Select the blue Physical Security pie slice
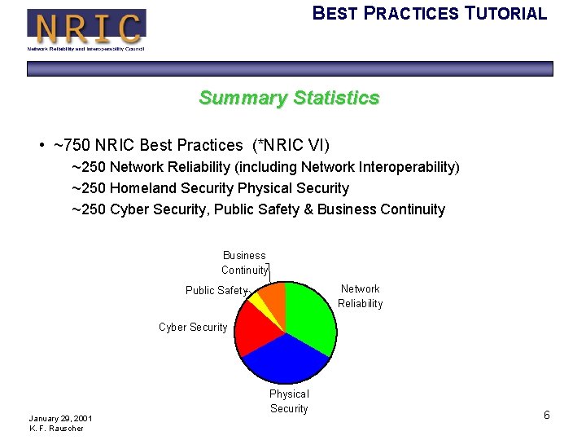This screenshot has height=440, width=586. click(x=285, y=359)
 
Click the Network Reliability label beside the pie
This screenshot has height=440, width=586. click(x=360, y=296)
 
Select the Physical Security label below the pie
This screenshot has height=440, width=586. click(x=289, y=401)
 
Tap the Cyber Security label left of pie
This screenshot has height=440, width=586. click(x=193, y=327)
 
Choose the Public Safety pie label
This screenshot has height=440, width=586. click(x=216, y=290)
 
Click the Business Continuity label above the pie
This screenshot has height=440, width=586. click(x=244, y=262)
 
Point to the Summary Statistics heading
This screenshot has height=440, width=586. click(x=289, y=99)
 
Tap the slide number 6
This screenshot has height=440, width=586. click(x=547, y=416)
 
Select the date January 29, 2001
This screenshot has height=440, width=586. click(x=60, y=418)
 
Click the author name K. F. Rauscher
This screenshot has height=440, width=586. click(x=56, y=429)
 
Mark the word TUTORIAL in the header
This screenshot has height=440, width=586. click(x=505, y=14)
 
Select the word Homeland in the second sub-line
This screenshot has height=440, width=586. click(x=142, y=188)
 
